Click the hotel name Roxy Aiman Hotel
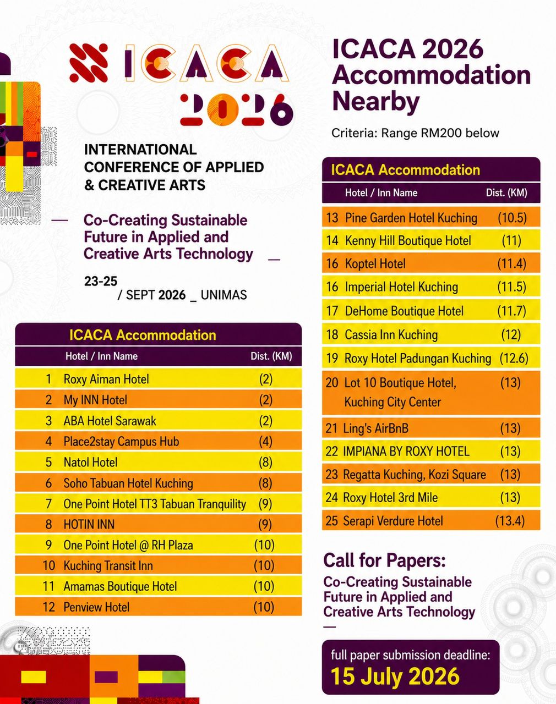[x=106, y=379]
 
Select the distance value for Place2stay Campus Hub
[x=265, y=442]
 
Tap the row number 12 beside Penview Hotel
[x=49, y=607]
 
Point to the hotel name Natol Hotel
[x=90, y=462]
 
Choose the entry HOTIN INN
[x=89, y=524]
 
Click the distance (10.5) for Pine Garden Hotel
[x=512, y=218]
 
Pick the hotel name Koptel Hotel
[x=375, y=263]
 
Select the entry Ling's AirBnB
[x=375, y=428]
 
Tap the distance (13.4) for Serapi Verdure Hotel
[x=510, y=521]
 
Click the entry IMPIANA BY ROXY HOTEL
[x=406, y=452]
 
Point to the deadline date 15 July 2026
[x=395, y=676]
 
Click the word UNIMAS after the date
[x=224, y=295]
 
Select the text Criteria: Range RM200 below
[x=415, y=133]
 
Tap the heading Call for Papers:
[x=384, y=560]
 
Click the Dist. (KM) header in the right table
[x=506, y=193]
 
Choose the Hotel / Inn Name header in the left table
[x=101, y=356]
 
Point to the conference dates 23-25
[x=101, y=282]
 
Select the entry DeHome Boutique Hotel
[x=404, y=311]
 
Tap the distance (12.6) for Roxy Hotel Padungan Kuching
[x=514, y=358]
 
